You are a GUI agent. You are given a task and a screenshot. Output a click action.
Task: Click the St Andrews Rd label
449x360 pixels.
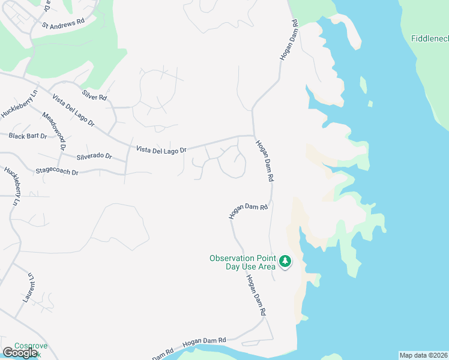[62, 25]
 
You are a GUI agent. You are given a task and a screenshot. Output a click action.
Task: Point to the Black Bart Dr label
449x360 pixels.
[28, 136]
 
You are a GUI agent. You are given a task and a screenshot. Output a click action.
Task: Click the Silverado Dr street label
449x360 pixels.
[95, 156]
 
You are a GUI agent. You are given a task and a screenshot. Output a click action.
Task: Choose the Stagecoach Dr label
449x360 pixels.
[57, 172]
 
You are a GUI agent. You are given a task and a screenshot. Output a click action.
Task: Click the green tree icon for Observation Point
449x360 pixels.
[285, 262]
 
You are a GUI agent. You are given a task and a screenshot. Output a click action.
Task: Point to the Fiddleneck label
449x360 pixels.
[430, 39]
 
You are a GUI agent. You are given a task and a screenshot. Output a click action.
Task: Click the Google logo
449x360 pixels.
[20, 353]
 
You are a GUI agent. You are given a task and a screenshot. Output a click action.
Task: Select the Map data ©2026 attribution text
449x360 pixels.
[424, 355]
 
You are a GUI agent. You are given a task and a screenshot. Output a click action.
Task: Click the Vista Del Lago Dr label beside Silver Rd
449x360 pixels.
[74, 110]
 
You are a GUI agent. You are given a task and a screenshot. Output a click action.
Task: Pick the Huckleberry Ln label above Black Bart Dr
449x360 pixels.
[19, 105]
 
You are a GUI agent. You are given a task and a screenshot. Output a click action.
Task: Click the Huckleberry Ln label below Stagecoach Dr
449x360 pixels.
[12, 185]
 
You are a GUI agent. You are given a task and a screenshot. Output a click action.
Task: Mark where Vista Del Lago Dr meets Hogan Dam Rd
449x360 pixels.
[253, 136]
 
